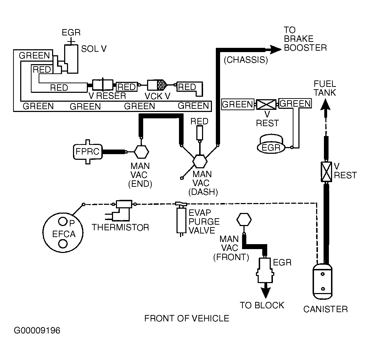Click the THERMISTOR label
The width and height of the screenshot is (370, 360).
point(120,227)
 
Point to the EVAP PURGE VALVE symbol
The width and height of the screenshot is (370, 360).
point(181,220)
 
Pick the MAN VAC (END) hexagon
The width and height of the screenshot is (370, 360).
point(141,152)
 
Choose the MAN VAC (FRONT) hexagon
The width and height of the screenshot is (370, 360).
point(244,220)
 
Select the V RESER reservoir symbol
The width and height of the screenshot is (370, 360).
point(103,85)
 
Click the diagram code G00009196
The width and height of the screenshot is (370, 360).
point(37,331)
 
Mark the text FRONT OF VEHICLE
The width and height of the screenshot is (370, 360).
point(187,319)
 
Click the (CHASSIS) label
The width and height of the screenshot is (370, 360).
point(246,60)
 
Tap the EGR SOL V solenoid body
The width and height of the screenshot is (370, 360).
point(72,58)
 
